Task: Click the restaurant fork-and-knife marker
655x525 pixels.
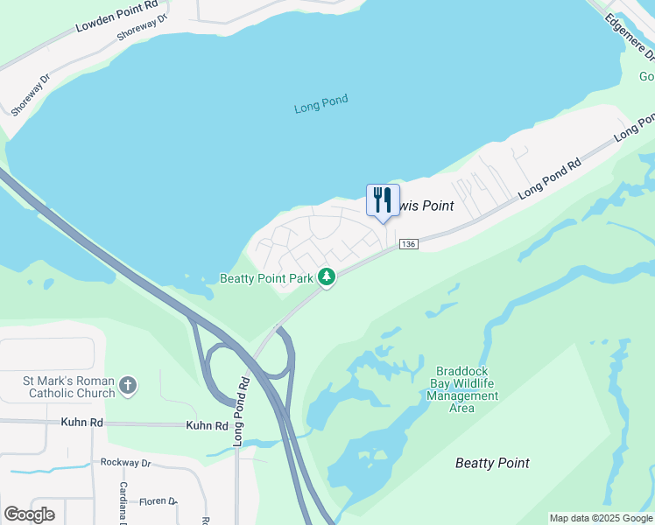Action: tap(383, 200)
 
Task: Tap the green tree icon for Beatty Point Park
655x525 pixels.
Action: tap(327, 277)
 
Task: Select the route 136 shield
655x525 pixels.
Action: tap(407, 243)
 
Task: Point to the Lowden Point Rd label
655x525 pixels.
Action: tap(117, 17)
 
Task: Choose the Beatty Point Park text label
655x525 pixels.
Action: tap(266, 278)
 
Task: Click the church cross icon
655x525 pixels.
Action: tap(129, 386)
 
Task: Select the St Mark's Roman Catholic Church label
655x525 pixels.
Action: tap(69, 387)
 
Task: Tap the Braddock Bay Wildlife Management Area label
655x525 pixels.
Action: tap(465, 389)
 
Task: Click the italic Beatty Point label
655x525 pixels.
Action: tap(492, 463)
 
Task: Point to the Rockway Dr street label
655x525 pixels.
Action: tap(126, 462)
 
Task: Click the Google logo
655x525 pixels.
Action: tap(30, 514)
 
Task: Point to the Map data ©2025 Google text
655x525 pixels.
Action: tap(601, 518)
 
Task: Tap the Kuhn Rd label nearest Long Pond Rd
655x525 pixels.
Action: tap(207, 426)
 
